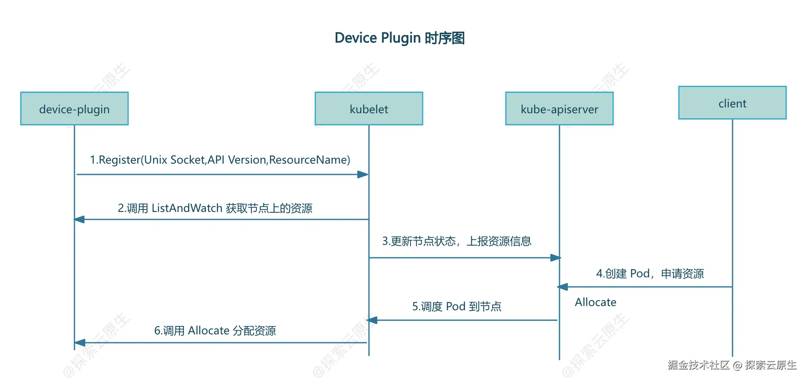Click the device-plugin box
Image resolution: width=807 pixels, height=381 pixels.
74,109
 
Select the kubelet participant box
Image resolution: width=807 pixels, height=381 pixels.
369,109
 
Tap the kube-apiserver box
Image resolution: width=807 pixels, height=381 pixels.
559,109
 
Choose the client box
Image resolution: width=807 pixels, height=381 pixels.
732,103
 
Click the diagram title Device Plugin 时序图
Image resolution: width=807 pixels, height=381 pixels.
399,38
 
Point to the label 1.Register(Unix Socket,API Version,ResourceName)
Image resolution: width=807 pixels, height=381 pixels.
220,160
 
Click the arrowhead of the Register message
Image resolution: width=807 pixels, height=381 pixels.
363,174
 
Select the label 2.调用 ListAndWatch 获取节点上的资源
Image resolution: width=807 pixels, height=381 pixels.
215,208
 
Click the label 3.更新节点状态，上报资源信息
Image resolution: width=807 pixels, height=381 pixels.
457,241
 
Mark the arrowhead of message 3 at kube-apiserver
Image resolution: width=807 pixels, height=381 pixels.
555,258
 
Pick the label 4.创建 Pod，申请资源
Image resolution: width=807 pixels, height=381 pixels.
650,274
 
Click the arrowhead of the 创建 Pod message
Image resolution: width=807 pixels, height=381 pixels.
563,287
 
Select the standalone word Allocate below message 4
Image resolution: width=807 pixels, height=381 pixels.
595,302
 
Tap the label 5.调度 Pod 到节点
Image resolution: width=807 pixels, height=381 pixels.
457,307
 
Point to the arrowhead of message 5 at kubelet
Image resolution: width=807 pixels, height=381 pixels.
372,320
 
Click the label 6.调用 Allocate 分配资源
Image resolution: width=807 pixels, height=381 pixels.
215,331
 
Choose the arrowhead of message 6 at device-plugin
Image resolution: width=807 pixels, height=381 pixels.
80,343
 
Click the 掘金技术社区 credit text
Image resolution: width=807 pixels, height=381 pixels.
698,365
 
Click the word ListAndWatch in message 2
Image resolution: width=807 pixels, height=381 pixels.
187,208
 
